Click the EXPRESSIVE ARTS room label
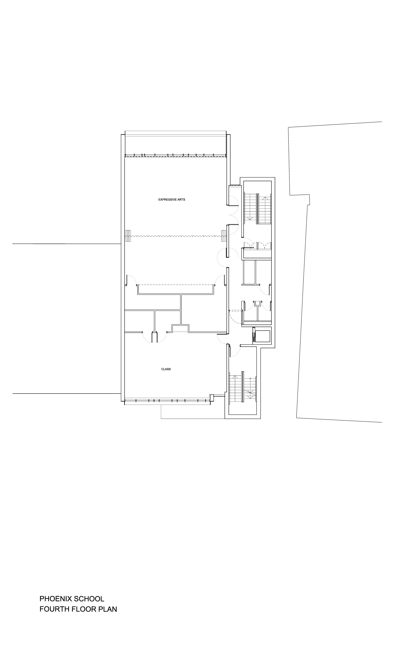click(x=172, y=200)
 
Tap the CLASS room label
click(x=166, y=369)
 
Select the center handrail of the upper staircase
click(x=257, y=209)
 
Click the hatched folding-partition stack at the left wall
click(x=128, y=236)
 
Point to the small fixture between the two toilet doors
click(x=257, y=303)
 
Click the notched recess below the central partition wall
click(x=180, y=328)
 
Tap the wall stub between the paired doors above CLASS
click(x=154, y=337)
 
